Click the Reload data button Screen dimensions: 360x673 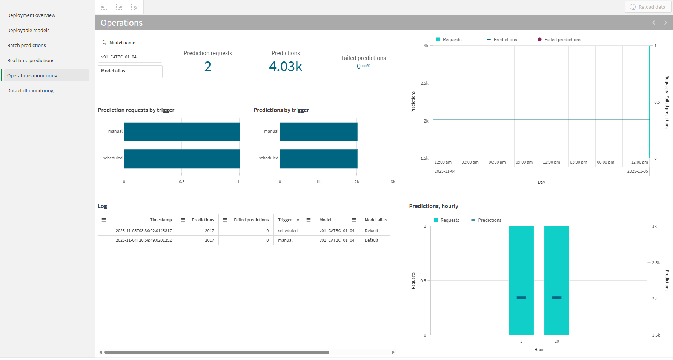[648, 7]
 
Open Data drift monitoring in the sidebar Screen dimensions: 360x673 [30, 91]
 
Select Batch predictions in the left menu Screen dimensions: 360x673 [26, 46]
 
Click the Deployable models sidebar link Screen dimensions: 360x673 [28, 31]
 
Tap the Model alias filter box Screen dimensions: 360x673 [130, 71]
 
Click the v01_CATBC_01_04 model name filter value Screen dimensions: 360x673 [119, 57]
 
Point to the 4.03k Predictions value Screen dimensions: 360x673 [286, 67]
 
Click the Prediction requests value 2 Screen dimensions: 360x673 [207, 67]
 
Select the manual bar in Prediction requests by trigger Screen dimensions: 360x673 [181, 132]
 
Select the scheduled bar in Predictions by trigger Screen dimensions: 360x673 [318, 158]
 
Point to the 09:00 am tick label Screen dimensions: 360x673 [524, 162]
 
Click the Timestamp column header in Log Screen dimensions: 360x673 [161, 220]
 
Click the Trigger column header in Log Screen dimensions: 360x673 [285, 220]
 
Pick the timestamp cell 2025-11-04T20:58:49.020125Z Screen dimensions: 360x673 [143, 240]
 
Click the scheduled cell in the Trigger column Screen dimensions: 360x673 [288, 231]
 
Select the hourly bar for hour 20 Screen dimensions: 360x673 [556, 264]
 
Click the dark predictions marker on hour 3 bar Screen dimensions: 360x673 [521, 298]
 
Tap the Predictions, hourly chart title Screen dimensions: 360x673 [433, 206]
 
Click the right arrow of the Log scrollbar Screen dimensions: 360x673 [393, 352]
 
